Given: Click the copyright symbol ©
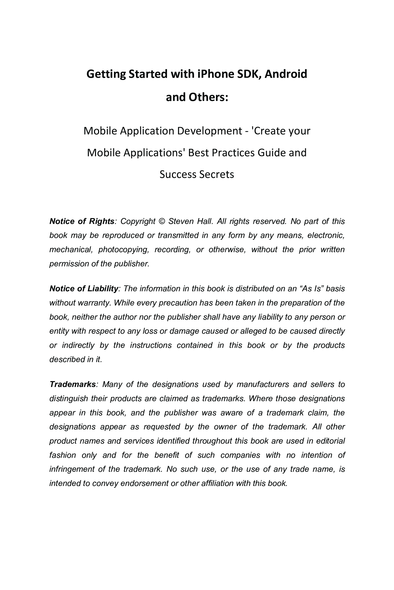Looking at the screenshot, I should (162, 221).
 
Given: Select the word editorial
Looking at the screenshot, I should (331, 441).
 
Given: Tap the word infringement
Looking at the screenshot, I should (71, 469).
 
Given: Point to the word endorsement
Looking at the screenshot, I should (144, 483).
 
